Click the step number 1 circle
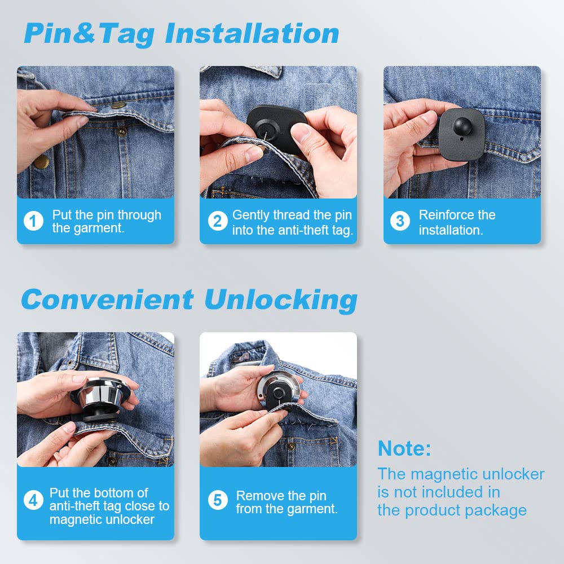pos(33,221)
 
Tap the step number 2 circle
pos(218,221)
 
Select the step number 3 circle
pos(400,221)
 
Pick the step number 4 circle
pos(33,500)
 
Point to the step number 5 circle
pos(218,500)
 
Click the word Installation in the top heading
pos(252,33)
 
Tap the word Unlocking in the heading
pos(281,301)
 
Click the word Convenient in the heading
pos(107,299)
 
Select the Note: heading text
pos(404,448)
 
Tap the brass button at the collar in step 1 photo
pos(118,105)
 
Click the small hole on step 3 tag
pos(461,139)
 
